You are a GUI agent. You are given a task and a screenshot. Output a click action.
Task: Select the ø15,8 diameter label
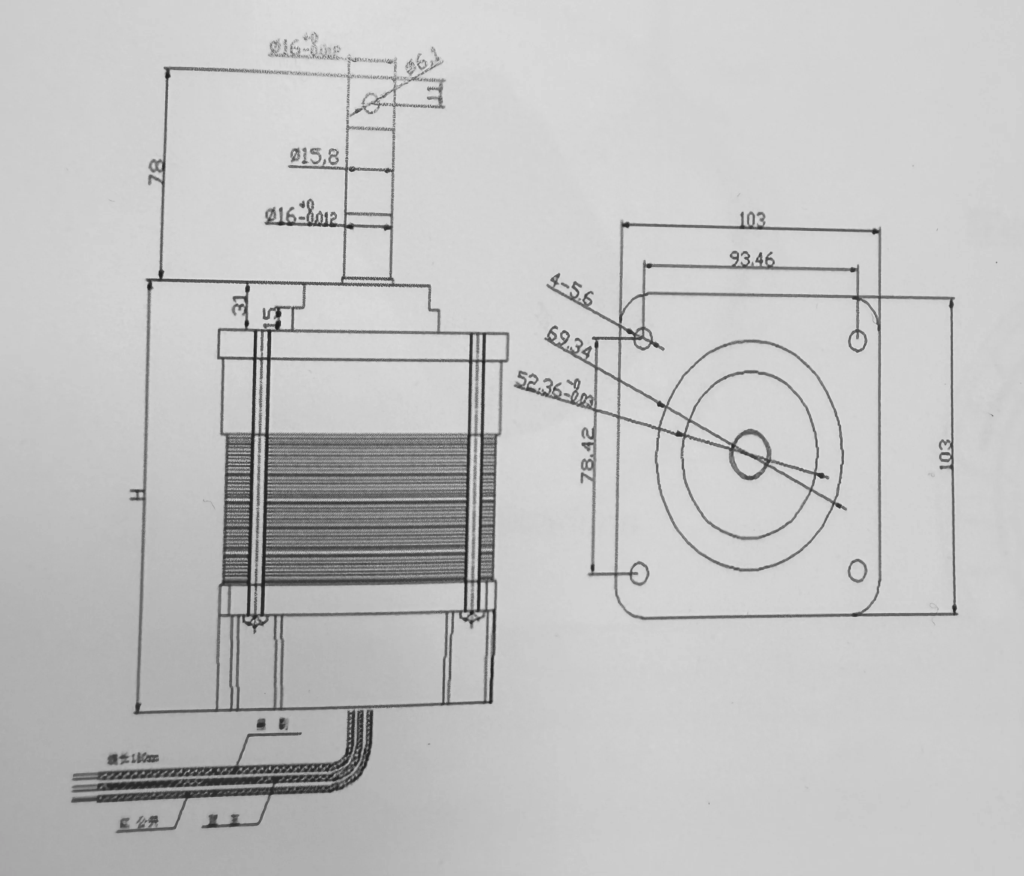point(314,157)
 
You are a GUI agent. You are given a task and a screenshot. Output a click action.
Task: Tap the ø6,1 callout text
point(424,64)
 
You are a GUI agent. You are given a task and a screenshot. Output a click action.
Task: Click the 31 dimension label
point(239,305)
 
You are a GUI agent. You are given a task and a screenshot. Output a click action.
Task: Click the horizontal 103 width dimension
point(752,219)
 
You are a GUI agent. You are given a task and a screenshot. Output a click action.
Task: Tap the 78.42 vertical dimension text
point(588,455)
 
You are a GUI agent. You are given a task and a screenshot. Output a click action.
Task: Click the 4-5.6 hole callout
point(570,291)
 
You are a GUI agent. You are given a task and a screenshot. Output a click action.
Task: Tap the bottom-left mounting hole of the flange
point(640,573)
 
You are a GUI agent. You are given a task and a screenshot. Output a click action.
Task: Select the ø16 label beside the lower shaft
point(301,216)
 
